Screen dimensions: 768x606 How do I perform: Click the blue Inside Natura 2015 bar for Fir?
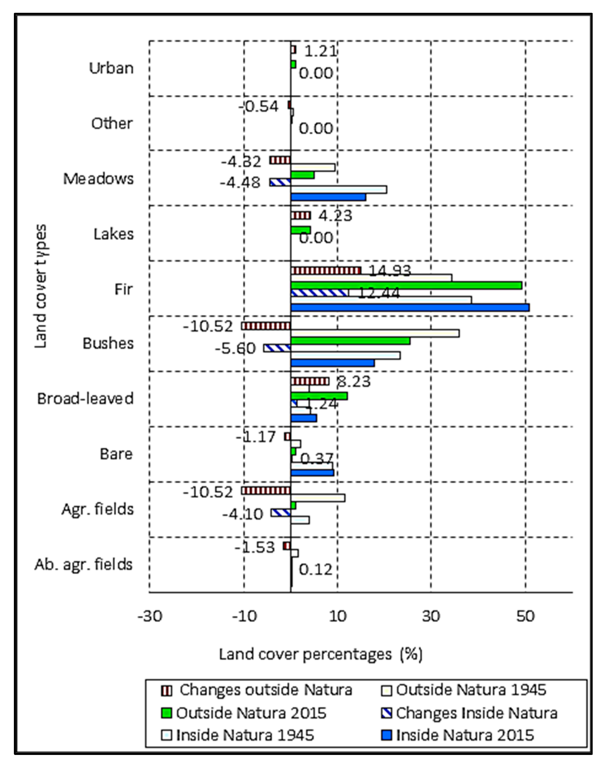point(410,308)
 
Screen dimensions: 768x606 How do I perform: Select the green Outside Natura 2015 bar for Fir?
point(406,285)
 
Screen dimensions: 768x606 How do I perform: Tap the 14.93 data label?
point(390,271)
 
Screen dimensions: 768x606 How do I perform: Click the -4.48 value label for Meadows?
point(240,183)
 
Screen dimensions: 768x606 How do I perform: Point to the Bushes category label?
point(108,343)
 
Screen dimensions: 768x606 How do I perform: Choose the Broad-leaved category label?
point(85,399)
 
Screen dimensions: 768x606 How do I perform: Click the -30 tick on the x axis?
point(150,616)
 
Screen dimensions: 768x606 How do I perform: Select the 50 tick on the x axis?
point(525,616)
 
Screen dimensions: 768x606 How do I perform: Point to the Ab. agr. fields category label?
point(83,564)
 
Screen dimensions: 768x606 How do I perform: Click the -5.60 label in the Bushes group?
point(235,349)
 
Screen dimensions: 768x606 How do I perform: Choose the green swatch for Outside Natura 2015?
point(167,713)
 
